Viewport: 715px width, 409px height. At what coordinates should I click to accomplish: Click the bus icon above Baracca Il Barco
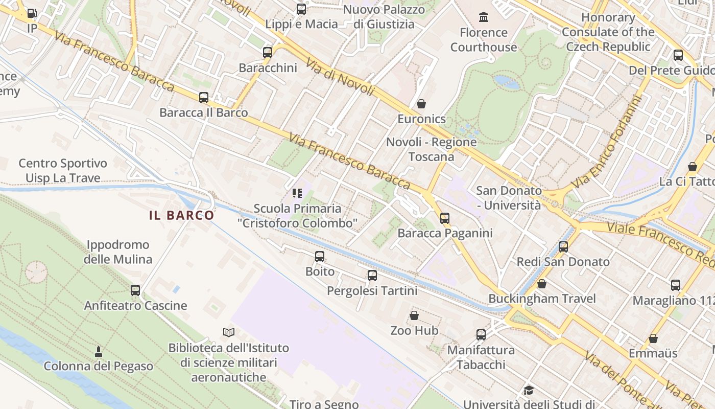pos(204,97)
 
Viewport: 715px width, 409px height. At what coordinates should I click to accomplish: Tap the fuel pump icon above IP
pos(32,13)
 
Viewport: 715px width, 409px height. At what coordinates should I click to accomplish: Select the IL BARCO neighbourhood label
pos(181,215)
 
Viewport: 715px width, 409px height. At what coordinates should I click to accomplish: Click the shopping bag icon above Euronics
pos(421,104)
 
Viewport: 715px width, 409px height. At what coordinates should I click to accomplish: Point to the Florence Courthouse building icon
pos(483,17)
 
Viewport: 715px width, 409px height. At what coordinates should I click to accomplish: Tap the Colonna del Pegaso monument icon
pos(99,351)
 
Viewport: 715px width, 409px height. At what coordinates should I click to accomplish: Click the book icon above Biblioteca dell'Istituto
pos(229,332)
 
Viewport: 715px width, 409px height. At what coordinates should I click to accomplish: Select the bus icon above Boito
pos(320,256)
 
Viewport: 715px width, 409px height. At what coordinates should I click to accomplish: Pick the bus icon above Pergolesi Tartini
pos(372,276)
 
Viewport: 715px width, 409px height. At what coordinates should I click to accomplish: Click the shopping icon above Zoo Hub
pos(414,315)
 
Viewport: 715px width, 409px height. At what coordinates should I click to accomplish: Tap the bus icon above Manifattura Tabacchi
pos(481,335)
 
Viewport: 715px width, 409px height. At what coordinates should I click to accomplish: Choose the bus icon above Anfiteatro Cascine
pos(135,290)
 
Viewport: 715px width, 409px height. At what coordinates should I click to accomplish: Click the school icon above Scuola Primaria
pos(297,193)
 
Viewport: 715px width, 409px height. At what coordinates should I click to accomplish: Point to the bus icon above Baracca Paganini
pos(445,218)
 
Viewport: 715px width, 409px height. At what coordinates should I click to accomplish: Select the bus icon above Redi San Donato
pos(563,247)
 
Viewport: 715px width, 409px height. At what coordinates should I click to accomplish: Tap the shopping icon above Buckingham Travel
pos(542,283)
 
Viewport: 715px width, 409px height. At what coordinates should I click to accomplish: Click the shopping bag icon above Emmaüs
pos(653,338)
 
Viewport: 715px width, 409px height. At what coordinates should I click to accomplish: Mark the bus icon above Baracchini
pos(268,52)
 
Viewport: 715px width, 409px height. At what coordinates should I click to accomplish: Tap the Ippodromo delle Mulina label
pos(118,252)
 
